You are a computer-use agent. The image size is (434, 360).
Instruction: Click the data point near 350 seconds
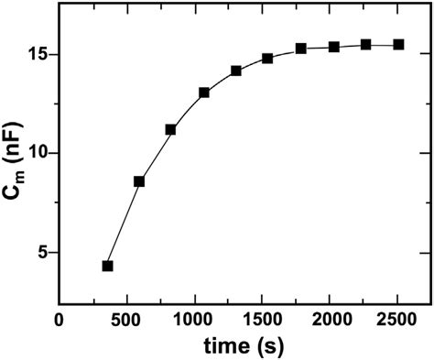point(107,266)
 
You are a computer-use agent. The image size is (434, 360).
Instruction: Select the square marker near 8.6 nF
point(139,181)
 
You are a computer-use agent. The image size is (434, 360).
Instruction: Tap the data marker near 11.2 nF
point(170,129)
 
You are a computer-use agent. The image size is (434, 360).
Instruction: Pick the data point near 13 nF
point(204,93)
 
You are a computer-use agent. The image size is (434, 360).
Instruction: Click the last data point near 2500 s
point(398,44)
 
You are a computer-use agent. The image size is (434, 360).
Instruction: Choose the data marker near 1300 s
point(236,71)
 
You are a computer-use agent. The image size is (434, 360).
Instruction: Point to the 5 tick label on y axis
point(43,253)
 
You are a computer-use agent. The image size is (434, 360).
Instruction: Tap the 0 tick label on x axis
point(60,320)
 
